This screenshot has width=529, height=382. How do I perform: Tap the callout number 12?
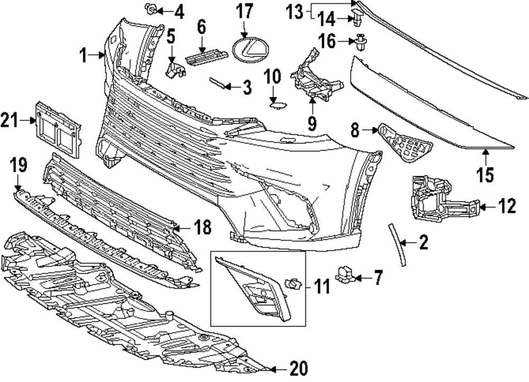click(507, 206)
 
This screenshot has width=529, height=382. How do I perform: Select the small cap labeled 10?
click(275, 105)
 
